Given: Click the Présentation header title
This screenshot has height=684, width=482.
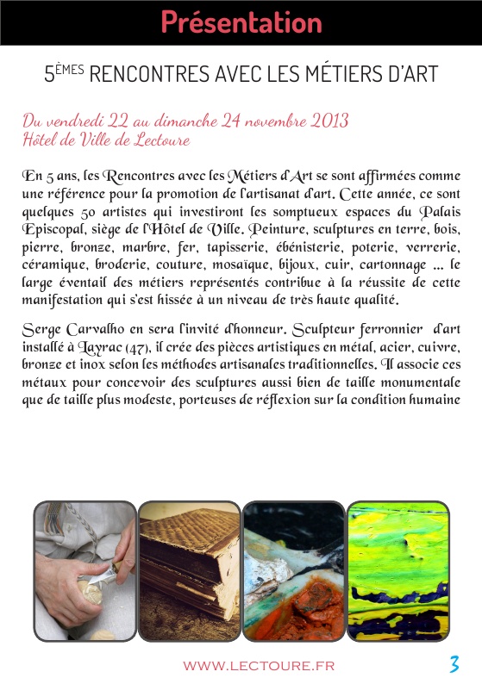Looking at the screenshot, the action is coord(241,22).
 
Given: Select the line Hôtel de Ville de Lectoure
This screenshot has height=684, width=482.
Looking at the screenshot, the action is coord(106,140).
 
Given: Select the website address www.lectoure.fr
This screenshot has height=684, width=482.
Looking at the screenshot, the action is coord(259,665).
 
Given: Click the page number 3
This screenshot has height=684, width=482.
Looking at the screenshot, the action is coord(454,664).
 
